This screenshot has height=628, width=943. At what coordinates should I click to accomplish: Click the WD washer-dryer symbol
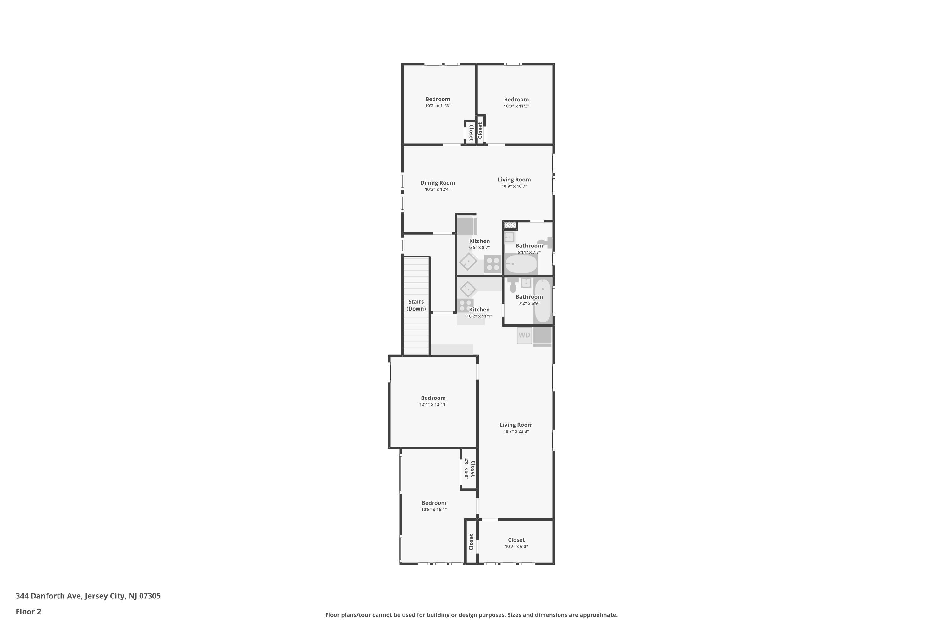point(524,335)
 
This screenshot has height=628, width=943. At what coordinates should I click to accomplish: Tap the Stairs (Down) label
point(416,305)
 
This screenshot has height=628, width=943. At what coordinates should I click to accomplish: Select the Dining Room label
point(438,183)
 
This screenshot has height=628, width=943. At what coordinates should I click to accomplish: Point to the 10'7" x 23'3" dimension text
point(516,431)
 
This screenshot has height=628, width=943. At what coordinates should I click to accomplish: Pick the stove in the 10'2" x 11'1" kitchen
point(466,305)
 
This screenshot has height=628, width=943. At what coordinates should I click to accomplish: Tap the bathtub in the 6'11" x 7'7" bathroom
point(521,264)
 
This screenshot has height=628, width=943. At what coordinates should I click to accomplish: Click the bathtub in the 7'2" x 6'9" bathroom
point(543,300)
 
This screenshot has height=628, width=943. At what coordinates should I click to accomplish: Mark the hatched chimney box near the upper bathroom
point(510,225)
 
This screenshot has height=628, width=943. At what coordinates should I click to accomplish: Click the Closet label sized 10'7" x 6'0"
point(516,540)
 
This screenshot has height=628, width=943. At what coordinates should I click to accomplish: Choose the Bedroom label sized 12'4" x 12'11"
point(433,398)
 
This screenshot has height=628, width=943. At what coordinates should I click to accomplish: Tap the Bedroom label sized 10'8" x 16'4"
point(433,503)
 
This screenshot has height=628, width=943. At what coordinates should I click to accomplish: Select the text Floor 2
point(29,612)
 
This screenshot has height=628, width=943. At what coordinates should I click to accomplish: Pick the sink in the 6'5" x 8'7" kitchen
point(468,262)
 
